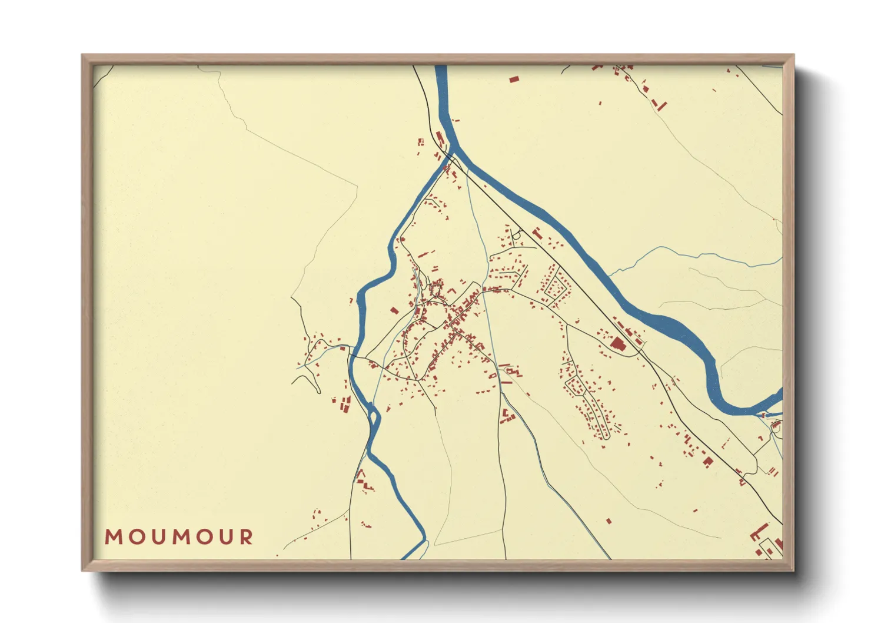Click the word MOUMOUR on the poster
click(x=179, y=537)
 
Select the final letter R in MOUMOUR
click(x=247, y=537)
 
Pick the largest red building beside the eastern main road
click(x=617, y=343)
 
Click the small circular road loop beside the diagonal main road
click(x=517, y=235)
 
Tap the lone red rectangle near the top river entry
click(x=513, y=78)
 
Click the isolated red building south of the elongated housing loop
click(x=609, y=521)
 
